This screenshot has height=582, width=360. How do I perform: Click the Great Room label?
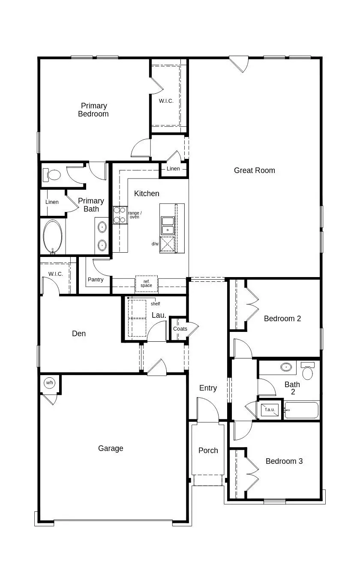click(254, 170)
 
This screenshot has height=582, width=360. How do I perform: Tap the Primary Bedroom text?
click(93, 110)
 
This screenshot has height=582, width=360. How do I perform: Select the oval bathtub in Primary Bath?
click(53, 237)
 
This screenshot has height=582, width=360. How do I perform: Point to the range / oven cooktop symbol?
click(120, 215)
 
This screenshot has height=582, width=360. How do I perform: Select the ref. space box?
click(147, 284)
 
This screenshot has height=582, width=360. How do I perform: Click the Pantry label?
click(96, 280)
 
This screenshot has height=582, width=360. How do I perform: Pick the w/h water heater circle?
click(50, 382)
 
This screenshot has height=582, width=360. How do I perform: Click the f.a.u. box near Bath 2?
click(270, 410)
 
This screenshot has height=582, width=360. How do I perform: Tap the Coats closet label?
click(180, 329)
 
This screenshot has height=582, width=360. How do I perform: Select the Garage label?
click(111, 448)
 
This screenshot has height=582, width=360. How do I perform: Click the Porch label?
click(208, 451)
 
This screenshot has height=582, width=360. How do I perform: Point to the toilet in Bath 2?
click(307, 371)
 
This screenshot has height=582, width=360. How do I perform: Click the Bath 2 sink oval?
click(286, 367)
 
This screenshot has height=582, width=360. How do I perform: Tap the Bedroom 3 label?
click(284, 461)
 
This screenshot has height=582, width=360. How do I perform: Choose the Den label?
click(79, 334)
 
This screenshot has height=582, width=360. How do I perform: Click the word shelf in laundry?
click(155, 304)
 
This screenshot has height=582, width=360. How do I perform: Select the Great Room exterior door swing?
click(239, 64)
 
